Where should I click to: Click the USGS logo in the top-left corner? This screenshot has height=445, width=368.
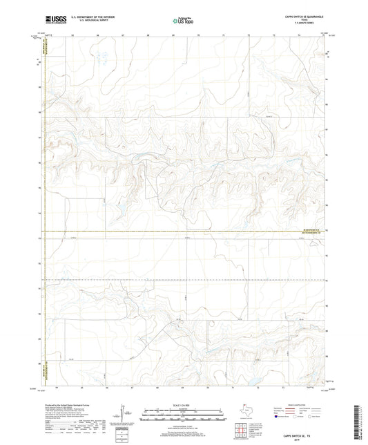55,19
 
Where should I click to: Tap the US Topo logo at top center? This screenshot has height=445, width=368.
182,21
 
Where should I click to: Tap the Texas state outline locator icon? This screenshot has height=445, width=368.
242,413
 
